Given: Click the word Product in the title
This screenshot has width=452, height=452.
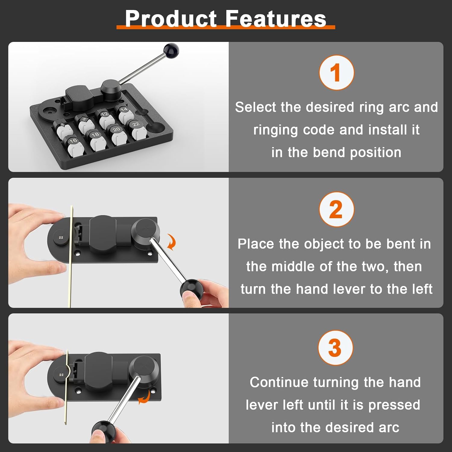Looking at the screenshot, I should pyautogui.click(x=171, y=19).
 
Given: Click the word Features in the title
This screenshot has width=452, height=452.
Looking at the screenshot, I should pyautogui.click(x=276, y=19).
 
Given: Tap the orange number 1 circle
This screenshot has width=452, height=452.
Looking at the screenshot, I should pyautogui.click(x=336, y=73).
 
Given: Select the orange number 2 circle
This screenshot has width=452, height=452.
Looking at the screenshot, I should pyautogui.click(x=336, y=209).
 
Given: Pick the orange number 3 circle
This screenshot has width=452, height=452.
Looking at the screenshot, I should pyautogui.click(x=335, y=348).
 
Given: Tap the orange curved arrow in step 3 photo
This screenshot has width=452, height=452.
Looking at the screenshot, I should pyautogui.click(x=144, y=398).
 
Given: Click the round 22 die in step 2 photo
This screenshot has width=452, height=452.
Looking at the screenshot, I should pyautogui.click(x=61, y=237).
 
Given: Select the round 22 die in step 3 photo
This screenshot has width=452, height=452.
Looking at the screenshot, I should pyautogui.click(x=61, y=375).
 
